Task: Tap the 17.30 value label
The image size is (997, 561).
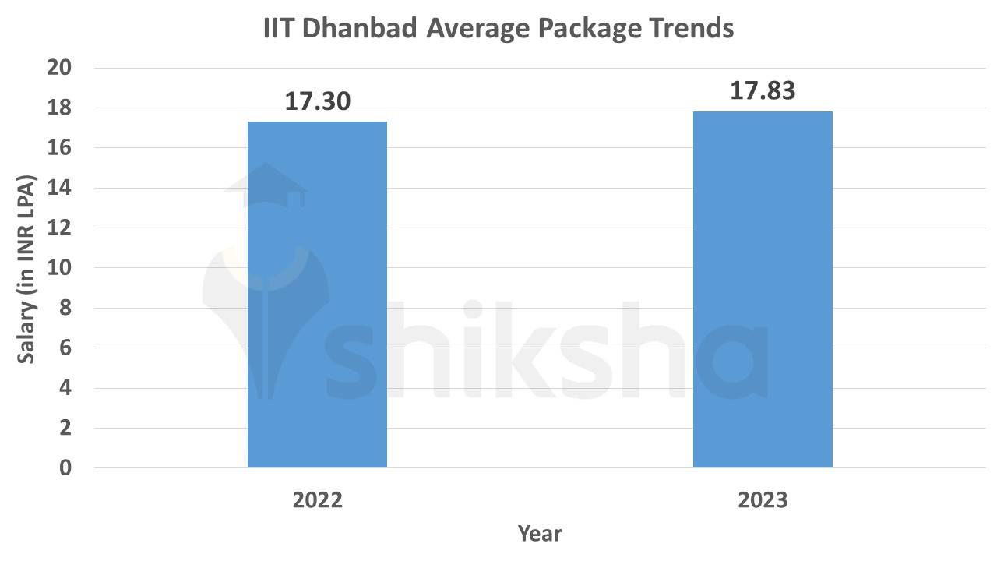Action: (x=317, y=101)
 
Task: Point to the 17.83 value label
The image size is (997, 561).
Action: (x=763, y=90)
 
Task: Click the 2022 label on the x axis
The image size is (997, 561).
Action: (x=317, y=499)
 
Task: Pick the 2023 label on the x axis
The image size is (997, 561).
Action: (x=763, y=499)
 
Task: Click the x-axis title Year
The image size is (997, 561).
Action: (x=539, y=534)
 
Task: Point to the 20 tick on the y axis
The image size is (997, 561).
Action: (x=59, y=68)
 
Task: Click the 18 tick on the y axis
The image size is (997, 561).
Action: (x=59, y=108)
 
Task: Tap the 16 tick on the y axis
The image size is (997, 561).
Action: (x=59, y=148)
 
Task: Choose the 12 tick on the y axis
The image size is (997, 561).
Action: (x=59, y=228)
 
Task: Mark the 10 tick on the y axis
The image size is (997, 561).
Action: (x=59, y=268)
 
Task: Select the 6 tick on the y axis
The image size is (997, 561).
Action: (x=65, y=348)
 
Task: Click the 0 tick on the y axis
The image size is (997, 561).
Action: (x=65, y=468)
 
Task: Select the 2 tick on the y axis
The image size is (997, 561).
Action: (x=65, y=428)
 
